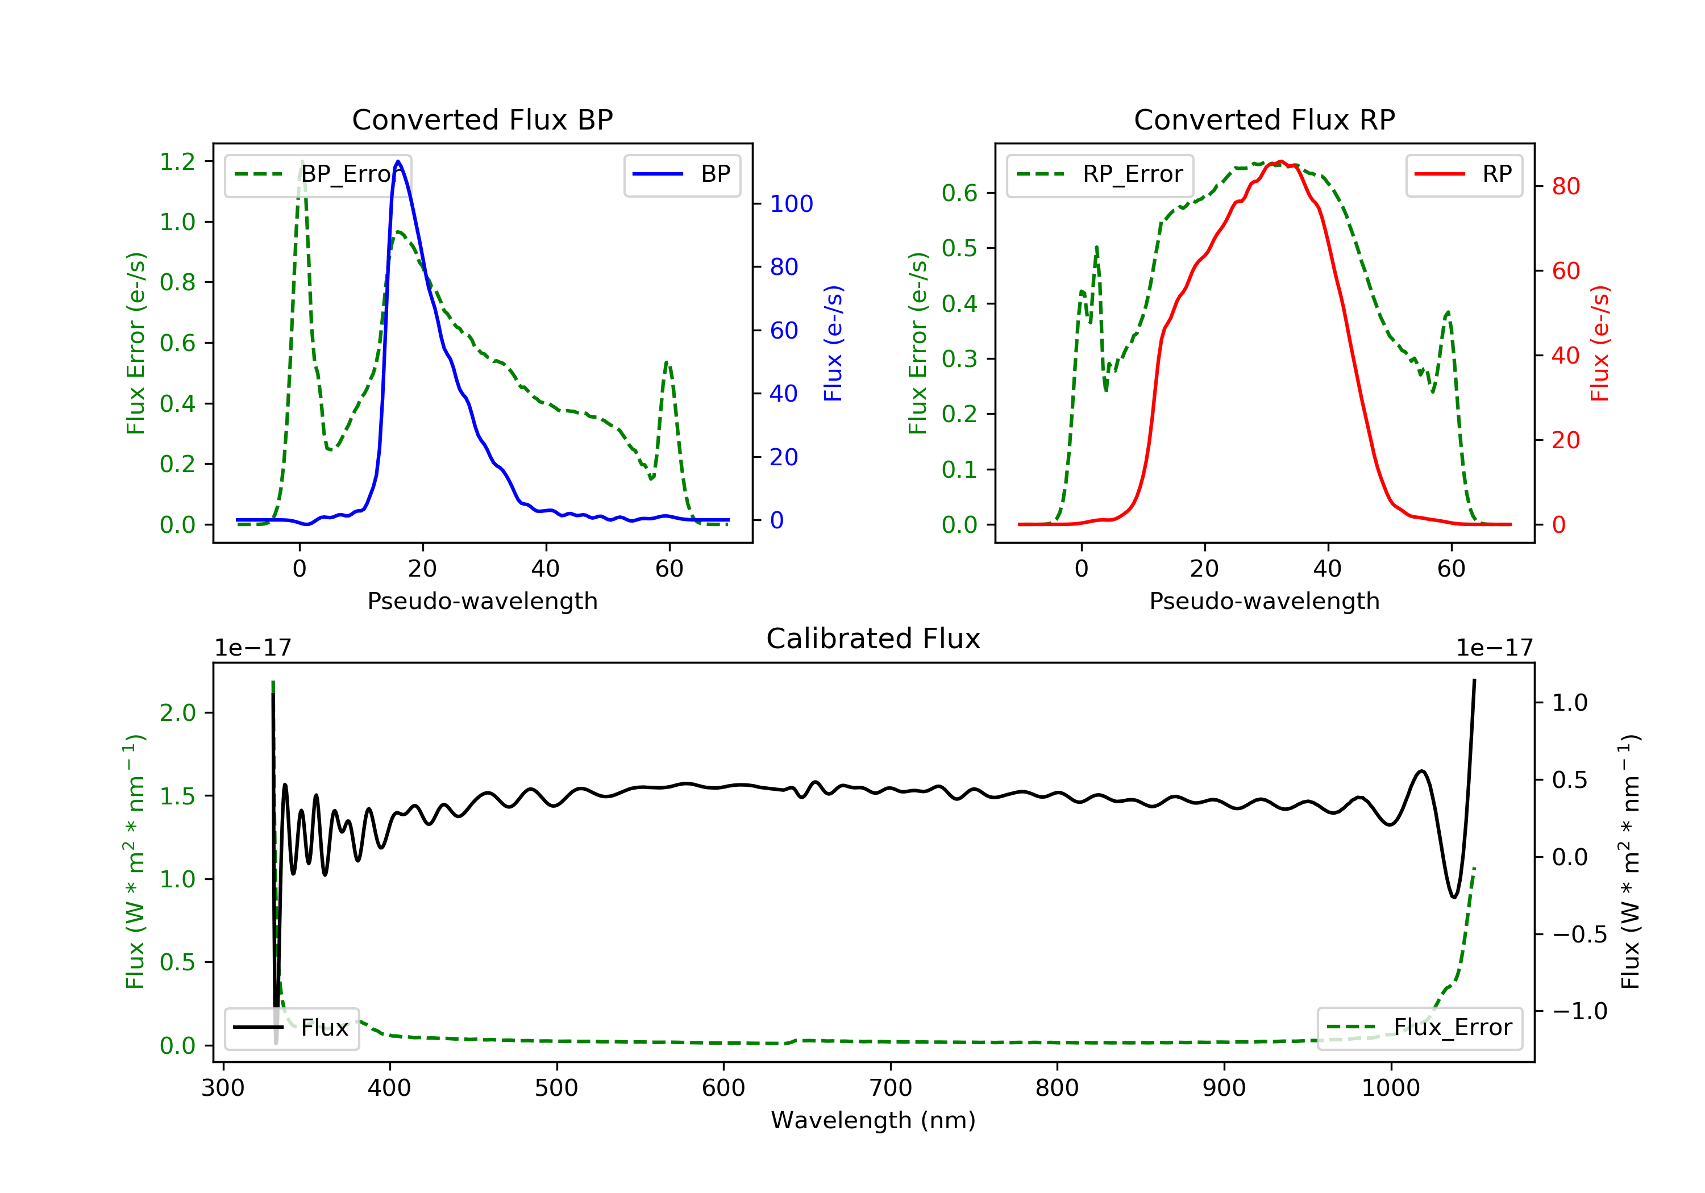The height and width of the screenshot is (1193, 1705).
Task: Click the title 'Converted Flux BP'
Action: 482,119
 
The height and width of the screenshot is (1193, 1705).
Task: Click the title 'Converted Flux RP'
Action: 1264,119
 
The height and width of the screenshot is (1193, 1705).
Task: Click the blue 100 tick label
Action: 791,204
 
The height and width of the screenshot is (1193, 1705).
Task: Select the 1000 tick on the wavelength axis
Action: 1390,1088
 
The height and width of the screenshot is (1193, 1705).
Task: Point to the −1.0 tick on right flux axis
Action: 1579,1011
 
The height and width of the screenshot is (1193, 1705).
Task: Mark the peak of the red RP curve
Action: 1280,161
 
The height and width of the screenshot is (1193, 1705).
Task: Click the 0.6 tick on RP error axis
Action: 959,193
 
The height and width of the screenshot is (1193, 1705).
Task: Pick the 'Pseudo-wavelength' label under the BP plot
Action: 482,600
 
